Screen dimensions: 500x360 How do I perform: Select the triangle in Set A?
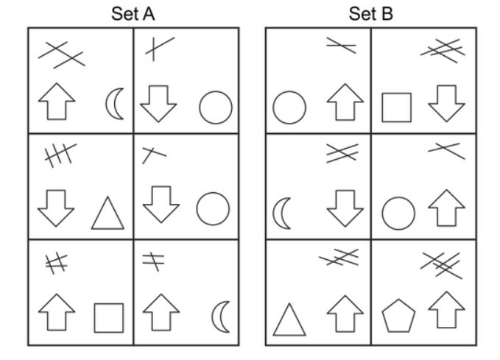(108, 213)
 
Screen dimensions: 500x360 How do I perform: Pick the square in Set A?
(108, 317)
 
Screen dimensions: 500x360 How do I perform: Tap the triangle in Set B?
(289, 320)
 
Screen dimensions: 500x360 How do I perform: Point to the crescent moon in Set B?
(283, 213)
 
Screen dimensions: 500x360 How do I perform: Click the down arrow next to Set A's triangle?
(56, 208)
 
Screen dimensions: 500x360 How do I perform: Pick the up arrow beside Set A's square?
(56, 313)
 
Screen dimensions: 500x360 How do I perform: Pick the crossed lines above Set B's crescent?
(340, 153)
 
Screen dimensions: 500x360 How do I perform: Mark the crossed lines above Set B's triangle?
(338, 258)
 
